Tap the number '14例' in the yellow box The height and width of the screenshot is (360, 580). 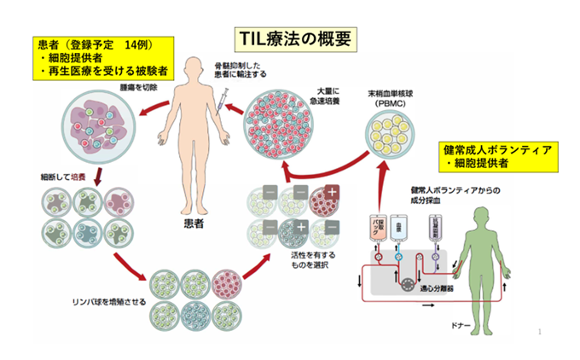tap(136, 44)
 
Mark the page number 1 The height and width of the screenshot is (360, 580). tap(542, 330)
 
